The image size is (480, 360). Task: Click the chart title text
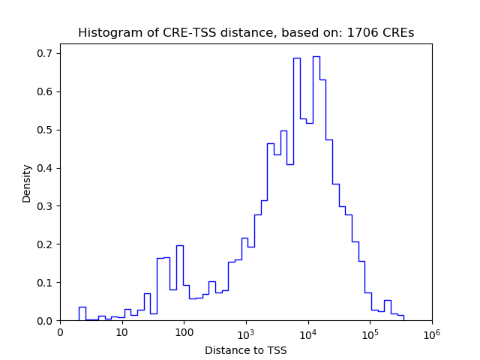click(x=246, y=33)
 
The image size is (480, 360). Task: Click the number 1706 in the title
click(x=363, y=33)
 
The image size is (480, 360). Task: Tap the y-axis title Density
click(x=27, y=183)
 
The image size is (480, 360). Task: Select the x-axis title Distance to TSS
click(x=246, y=350)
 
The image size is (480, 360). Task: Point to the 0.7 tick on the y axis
click(x=46, y=53)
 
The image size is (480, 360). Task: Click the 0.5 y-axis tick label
click(x=46, y=130)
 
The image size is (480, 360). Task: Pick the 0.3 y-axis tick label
click(x=46, y=206)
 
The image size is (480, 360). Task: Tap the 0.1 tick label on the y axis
click(x=46, y=283)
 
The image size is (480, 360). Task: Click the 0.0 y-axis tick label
click(x=46, y=321)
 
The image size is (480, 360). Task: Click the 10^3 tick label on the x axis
click(x=246, y=332)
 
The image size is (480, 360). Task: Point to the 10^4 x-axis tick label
click(x=307, y=332)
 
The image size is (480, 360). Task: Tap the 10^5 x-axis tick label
click(x=370, y=332)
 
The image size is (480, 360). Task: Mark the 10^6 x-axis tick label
click(x=431, y=332)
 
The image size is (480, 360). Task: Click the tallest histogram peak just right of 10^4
click(x=316, y=57)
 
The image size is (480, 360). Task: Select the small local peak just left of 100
click(x=180, y=246)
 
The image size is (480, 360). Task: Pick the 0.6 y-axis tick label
click(x=46, y=91)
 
